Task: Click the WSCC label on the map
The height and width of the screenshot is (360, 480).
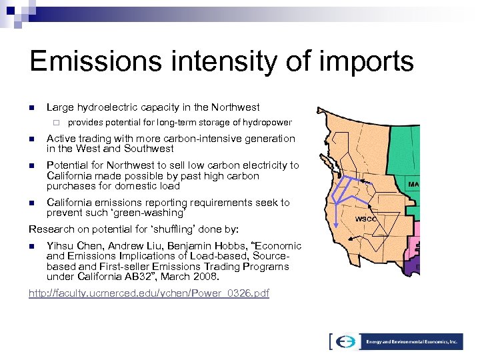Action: tap(366, 219)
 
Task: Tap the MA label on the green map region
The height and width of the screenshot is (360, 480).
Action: tap(414, 184)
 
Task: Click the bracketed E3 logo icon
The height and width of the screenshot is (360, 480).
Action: tap(345, 341)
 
